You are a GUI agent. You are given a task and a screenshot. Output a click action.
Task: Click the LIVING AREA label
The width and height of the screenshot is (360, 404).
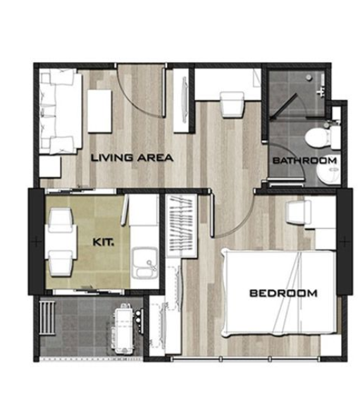[132, 158]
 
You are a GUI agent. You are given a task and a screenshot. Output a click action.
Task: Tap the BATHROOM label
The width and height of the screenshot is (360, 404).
[304, 161]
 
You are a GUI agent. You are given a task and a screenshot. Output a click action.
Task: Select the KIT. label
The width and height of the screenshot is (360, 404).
[104, 243]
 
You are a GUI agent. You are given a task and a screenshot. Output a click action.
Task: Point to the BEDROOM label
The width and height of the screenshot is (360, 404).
[283, 293]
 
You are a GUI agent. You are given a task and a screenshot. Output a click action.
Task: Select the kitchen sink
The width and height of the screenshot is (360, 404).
[144, 262]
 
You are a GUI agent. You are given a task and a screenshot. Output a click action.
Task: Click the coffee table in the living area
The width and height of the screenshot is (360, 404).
[99, 111]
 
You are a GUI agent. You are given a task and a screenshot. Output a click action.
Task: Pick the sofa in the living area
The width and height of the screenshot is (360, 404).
[61, 111]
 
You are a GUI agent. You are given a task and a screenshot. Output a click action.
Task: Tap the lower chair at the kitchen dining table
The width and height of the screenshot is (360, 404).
[61, 263]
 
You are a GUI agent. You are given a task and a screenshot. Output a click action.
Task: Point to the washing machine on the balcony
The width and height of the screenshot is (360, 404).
[125, 329]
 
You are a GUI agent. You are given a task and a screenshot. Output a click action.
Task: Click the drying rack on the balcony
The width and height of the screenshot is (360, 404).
[47, 317]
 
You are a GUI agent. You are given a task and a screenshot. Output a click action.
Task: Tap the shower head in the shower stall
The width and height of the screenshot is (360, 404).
[309, 77]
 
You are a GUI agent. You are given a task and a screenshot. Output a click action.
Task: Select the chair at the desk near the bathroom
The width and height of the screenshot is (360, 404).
[232, 105]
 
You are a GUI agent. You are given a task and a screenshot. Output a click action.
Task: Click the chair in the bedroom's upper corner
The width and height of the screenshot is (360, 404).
[299, 213]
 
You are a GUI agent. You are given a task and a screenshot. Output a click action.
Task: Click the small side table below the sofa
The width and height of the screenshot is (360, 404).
[50, 166]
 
